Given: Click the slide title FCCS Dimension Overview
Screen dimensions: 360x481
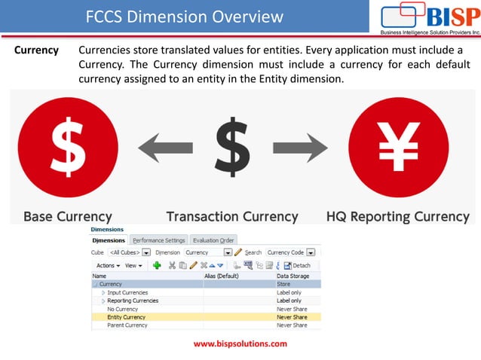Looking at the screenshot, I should point(184,17).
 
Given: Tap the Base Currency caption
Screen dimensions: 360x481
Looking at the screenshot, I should point(68,217).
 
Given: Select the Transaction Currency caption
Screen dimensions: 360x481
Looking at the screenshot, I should point(232,217).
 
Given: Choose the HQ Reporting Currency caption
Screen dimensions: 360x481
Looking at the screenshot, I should point(397,217).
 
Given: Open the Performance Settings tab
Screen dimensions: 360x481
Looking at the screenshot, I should point(159,240).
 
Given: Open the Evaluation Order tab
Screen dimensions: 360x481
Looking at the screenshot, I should point(213,240).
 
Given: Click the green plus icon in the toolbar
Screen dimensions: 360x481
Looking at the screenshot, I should point(157,265).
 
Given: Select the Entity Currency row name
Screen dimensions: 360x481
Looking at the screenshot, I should point(126,317).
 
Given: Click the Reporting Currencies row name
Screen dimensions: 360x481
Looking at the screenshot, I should point(133,301).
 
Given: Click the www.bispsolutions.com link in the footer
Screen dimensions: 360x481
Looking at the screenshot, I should point(240,343).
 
